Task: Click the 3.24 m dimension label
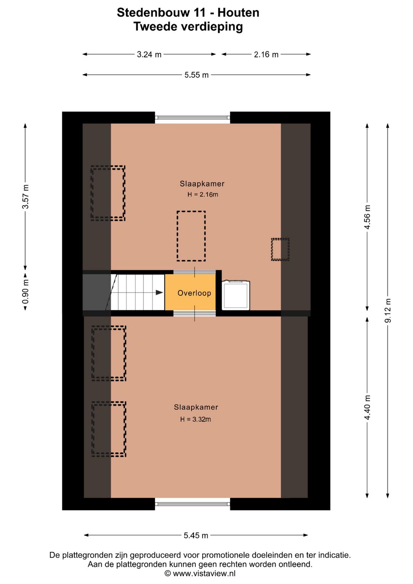click(149, 54)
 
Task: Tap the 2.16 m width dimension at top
click(266, 54)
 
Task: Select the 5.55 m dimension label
click(197, 75)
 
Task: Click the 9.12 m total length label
click(388, 310)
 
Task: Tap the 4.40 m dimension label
click(367, 408)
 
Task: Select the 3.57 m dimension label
click(26, 197)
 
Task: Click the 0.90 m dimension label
click(26, 292)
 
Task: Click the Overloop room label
click(194, 293)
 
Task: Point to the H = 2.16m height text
click(203, 194)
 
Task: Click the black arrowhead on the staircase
click(159, 292)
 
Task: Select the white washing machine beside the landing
click(236, 295)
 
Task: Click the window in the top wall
click(193, 117)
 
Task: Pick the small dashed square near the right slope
click(280, 249)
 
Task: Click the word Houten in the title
click(238, 13)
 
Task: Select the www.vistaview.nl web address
click(204, 574)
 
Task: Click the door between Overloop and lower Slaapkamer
click(195, 313)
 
